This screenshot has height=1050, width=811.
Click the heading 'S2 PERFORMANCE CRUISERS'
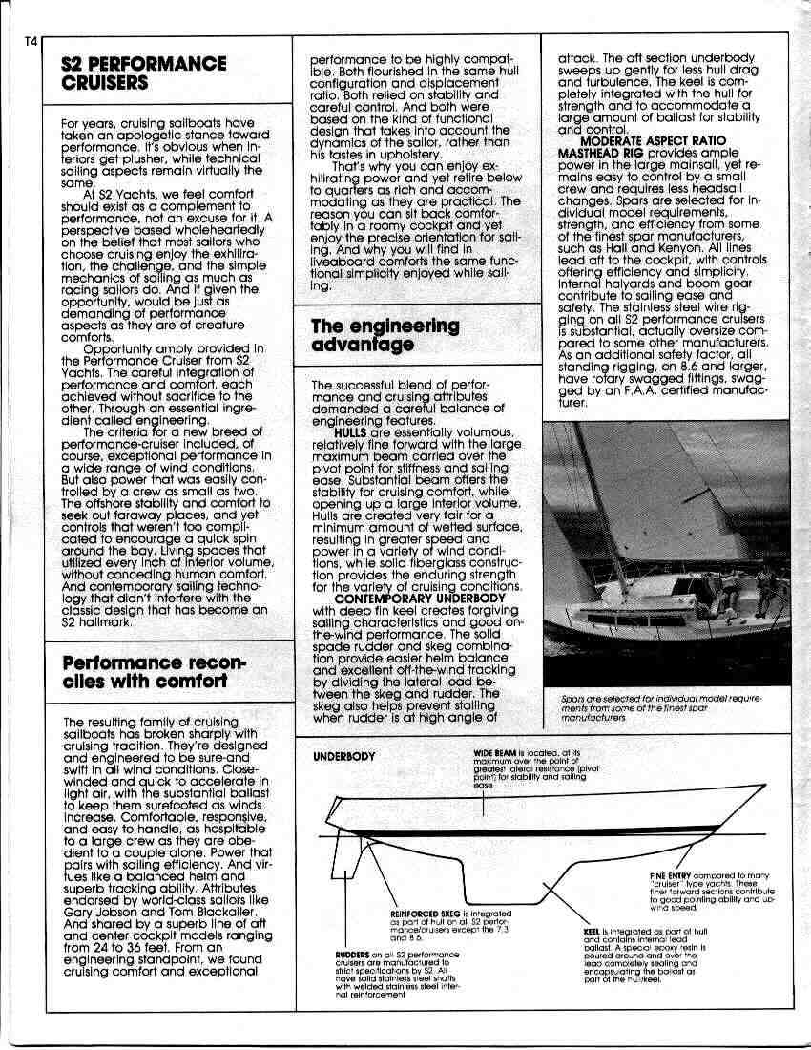[x=143, y=73]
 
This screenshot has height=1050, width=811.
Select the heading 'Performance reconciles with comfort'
[x=154, y=672]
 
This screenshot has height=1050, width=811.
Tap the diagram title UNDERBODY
[x=344, y=756]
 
